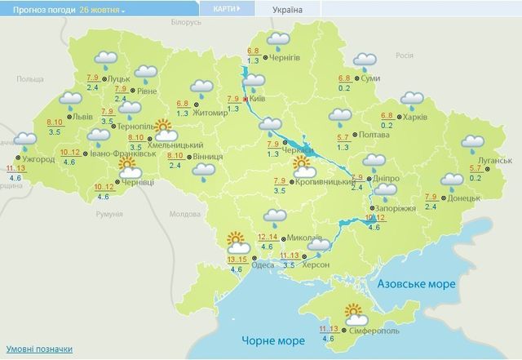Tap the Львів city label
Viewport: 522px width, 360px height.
82,117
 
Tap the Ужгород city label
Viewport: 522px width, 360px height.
39,159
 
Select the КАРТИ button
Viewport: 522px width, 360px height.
226,9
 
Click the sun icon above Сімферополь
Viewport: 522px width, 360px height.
355,311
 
